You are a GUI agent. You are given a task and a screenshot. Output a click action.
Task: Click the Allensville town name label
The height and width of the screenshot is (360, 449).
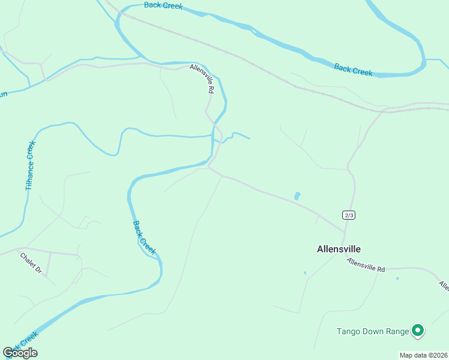click(x=339, y=249)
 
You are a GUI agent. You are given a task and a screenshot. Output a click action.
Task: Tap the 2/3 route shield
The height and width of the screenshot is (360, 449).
click(x=349, y=215)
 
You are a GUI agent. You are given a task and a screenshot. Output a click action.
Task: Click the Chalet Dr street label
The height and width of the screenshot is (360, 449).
click(x=31, y=263)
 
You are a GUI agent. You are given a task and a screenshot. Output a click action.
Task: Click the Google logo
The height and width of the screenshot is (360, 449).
click(x=20, y=353)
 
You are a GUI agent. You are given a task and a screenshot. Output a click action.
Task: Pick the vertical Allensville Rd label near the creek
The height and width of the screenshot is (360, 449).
click(x=202, y=79)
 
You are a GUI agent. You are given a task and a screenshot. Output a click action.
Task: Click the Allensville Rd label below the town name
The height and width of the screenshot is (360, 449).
click(x=366, y=265)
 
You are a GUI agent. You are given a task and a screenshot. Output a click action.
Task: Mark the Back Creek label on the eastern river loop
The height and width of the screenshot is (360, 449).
click(x=354, y=70)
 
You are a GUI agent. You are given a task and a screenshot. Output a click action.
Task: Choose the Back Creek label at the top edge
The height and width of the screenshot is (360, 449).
click(x=163, y=5)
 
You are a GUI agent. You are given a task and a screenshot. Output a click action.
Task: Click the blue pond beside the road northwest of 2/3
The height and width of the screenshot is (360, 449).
click(x=297, y=196)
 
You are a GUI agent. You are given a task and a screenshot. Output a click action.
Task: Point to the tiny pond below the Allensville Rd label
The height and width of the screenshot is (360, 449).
click(x=397, y=278)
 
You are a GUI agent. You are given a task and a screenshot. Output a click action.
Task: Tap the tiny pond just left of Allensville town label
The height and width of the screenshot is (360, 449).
click(x=305, y=274)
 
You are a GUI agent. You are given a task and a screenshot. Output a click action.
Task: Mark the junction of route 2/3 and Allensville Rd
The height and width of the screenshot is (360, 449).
click(x=345, y=232)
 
